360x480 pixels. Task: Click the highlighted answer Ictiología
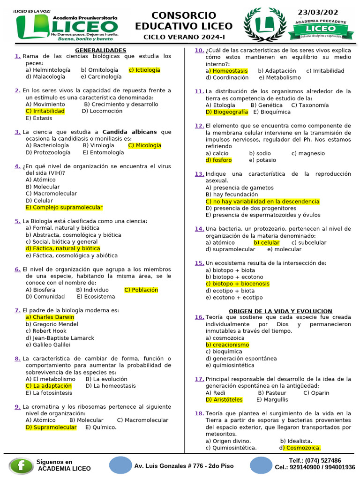pyautogui.click(x=144, y=70)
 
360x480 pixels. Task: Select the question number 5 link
pyautogui.click(x=17, y=221)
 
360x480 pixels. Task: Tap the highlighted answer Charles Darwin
pyautogui.click(x=50, y=317)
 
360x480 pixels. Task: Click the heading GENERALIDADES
pyautogui.click(x=101, y=50)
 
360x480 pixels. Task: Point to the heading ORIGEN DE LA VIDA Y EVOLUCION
pyautogui.click(x=280, y=311)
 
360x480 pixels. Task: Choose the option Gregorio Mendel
pyautogui.click(x=52, y=324)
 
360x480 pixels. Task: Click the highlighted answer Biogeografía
pyautogui.click(x=227, y=112)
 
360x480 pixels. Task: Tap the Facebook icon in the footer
pyautogui.click(x=21, y=465)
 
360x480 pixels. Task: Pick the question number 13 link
pyautogui.click(x=199, y=174)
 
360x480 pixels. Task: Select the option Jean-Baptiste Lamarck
pyautogui.click(x=60, y=338)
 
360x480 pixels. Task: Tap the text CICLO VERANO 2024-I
pyautogui.click(x=184, y=37)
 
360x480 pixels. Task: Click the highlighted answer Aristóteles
pyautogui.click(x=224, y=400)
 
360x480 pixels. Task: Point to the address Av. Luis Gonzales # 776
pyautogui.click(x=184, y=466)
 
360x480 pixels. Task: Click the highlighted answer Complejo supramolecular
pyautogui.click(x=64, y=208)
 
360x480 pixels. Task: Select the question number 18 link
pyautogui.click(x=199, y=413)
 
